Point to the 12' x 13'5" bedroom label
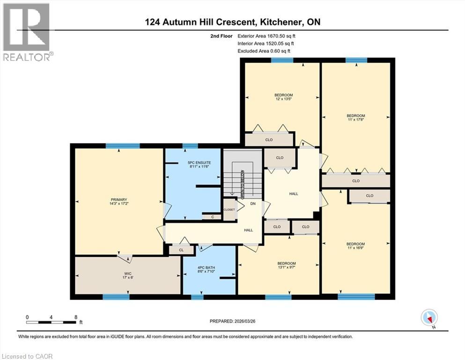click(283, 97)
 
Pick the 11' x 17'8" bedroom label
click(355, 118)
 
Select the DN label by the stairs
click(253, 204)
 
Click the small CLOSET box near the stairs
click(229, 210)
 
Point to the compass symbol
click(429, 318)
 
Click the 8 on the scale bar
click(76, 316)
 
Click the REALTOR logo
click(27, 32)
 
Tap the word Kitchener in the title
click(280, 22)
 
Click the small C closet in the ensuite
click(212, 217)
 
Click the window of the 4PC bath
click(197, 296)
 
